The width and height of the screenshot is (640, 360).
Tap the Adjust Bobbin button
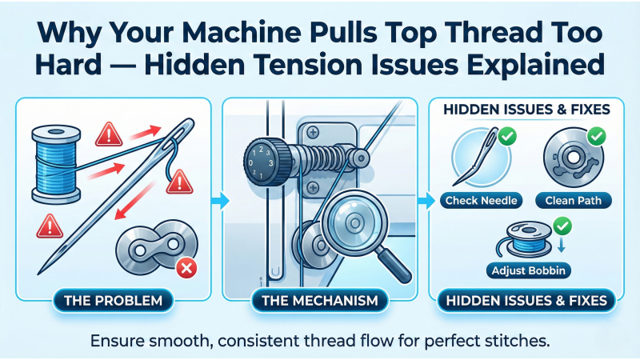coord(527,270)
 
